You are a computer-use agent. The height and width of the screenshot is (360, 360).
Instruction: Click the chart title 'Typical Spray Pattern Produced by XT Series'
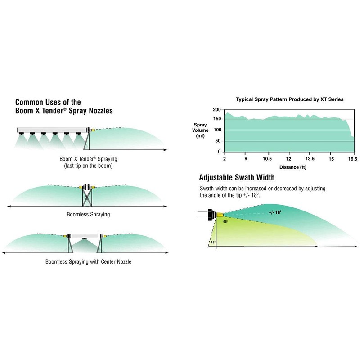click(289, 99)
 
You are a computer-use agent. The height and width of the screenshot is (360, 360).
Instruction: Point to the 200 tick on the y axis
click(217, 109)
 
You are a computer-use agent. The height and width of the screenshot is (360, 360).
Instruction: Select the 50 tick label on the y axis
click(218, 141)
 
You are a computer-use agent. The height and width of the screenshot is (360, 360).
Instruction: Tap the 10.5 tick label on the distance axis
click(267, 159)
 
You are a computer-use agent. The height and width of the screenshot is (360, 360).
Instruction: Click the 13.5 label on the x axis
click(310, 159)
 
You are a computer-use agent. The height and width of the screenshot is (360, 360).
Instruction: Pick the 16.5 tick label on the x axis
click(353, 159)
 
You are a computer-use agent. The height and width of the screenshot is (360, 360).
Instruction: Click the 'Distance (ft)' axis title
click(293, 167)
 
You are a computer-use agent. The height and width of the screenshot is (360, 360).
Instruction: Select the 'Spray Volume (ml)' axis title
click(200, 130)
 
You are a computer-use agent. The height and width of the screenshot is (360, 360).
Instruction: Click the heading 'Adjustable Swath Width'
click(237, 177)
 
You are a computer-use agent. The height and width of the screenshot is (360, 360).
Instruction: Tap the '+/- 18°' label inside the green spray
click(275, 212)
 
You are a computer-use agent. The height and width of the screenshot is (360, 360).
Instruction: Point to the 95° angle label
click(225, 222)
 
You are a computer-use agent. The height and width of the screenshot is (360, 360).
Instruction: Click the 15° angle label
click(213, 243)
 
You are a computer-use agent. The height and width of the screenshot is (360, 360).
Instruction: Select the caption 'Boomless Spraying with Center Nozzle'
click(88, 262)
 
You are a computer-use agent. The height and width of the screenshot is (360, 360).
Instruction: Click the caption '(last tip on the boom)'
click(88, 166)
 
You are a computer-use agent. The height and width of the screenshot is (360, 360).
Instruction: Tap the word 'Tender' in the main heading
click(53, 111)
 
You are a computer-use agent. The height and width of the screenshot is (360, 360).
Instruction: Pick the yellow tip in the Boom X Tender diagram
click(94, 130)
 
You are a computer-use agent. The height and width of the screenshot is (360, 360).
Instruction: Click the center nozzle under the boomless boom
click(85, 239)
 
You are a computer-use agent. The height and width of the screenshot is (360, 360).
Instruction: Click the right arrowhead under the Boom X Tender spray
click(165, 150)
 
